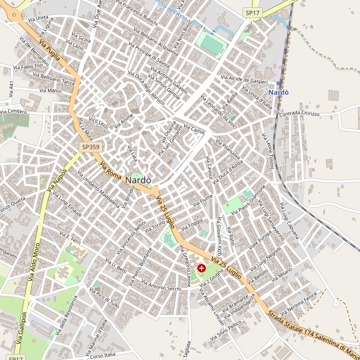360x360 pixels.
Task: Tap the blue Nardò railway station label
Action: (x=278, y=92)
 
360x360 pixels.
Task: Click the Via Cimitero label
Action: (x=13, y=112)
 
